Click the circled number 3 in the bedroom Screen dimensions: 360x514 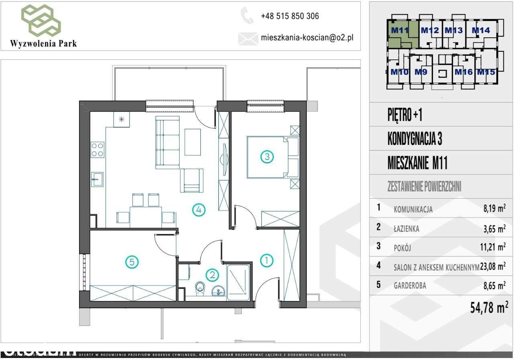click(x=267, y=157)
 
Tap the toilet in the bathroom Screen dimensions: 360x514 click(x=200, y=289)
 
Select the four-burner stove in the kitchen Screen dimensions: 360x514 click(x=98, y=150)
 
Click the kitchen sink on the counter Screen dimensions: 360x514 click(x=98, y=179)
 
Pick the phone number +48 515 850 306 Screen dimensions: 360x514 click(x=290, y=16)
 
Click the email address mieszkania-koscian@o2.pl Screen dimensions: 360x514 click(x=307, y=38)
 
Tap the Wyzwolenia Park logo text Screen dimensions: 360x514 click(x=44, y=43)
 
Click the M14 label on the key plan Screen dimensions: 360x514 click(x=480, y=30)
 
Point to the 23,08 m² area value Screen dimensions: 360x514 click(x=493, y=266)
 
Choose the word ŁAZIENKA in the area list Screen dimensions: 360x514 click(x=406, y=229)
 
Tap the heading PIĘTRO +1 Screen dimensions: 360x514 click(x=405, y=116)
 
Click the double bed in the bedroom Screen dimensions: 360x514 click(x=267, y=157)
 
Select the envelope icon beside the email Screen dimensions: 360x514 click(x=247, y=38)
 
